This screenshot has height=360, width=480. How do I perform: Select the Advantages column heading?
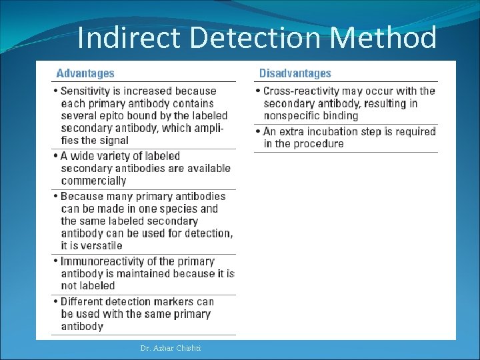85,73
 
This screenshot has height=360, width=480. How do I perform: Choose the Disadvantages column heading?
295,73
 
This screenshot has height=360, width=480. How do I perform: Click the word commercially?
93,180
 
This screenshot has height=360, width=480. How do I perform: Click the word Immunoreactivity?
103,261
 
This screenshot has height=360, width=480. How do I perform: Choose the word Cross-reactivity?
303,91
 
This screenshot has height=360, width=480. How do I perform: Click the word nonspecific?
292,115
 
